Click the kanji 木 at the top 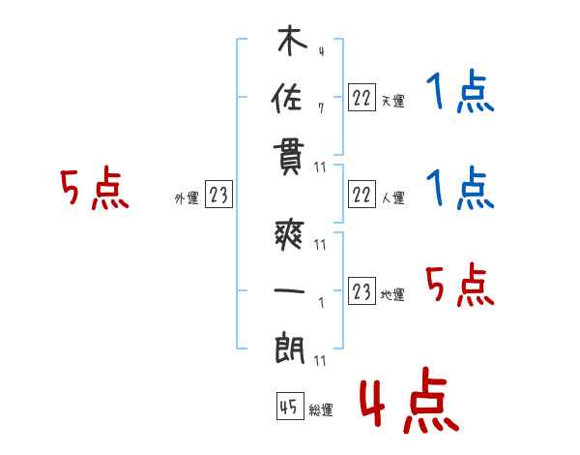pyautogui.click(x=292, y=41)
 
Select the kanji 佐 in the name pyautogui.click(x=287, y=98)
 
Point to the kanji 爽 pyautogui.click(x=289, y=235)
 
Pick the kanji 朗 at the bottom pyautogui.click(x=289, y=348)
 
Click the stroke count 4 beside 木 pyautogui.click(x=322, y=51)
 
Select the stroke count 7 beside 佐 pyautogui.click(x=321, y=108)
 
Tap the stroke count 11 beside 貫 pyautogui.click(x=320, y=167)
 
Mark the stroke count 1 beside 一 pyautogui.click(x=322, y=303)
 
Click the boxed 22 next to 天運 pyautogui.click(x=362, y=98)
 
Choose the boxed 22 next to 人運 pyautogui.click(x=362, y=195)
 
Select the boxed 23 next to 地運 pyautogui.click(x=362, y=290)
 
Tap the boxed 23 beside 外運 pyautogui.click(x=218, y=195)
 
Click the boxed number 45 pyautogui.click(x=290, y=406)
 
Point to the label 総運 pyautogui.click(x=320, y=409)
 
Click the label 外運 pyautogui.click(x=187, y=197)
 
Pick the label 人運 pyautogui.click(x=392, y=197)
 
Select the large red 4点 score pyautogui.click(x=410, y=400)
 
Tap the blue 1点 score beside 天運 pyautogui.click(x=460, y=91)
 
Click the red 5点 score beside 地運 pyautogui.click(x=460, y=285)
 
